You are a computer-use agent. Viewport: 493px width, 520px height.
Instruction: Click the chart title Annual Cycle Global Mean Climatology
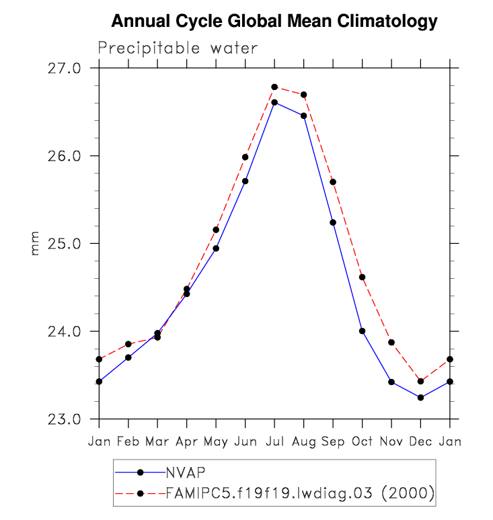click(274, 21)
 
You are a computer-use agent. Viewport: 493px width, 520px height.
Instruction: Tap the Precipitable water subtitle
click(178, 48)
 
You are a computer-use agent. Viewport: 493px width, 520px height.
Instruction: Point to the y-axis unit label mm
click(36, 243)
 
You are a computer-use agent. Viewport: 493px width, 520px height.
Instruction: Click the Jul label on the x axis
click(274, 441)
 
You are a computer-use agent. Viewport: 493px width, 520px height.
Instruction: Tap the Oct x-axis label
click(362, 441)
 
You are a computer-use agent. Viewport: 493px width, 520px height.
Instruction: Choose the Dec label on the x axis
click(420, 441)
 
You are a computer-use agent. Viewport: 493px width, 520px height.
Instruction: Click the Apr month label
click(186, 441)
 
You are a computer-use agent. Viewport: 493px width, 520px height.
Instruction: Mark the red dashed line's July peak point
click(274, 87)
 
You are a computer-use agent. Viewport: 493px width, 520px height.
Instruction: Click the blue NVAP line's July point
click(274, 102)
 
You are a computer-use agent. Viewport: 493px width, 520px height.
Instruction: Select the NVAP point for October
click(362, 331)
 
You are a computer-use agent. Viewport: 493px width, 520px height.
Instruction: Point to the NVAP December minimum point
click(420, 398)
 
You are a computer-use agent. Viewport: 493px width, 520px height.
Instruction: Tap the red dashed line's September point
click(333, 182)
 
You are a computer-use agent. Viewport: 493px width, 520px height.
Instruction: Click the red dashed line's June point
click(245, 157)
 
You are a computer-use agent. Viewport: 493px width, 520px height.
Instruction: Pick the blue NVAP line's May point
click(216, 249)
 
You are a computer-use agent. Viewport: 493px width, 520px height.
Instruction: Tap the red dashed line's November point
click(391, 343)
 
